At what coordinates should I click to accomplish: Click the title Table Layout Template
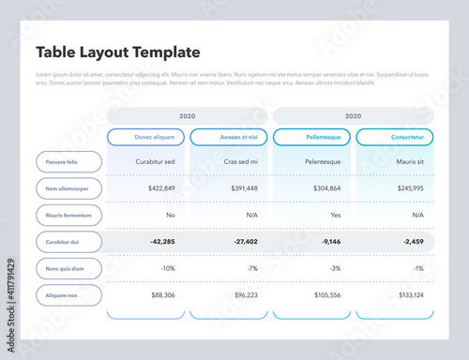point(117,52)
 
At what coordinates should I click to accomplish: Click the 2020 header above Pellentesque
point(353,116)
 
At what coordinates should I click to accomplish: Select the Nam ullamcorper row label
point(68,188)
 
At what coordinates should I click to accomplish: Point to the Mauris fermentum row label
point(68,215)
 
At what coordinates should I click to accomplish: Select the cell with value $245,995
point(410,188)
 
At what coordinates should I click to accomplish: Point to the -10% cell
point(167,268)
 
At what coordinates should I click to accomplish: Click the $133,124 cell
point(410,295)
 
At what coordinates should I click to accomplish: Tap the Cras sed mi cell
point(240,161)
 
